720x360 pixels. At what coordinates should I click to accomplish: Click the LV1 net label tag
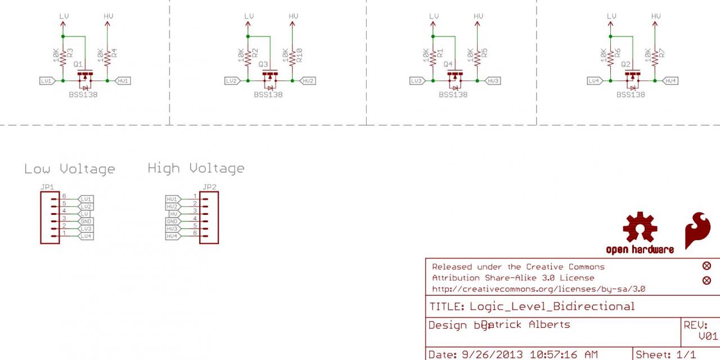point(47,81)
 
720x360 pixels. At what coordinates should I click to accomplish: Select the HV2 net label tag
point(308,81)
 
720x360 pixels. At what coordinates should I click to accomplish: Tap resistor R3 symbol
point(63,55)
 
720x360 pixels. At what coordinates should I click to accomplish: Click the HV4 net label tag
point(670,81)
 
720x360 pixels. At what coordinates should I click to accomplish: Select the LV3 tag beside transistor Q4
point(416,81)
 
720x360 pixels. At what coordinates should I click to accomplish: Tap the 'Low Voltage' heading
point(69,169)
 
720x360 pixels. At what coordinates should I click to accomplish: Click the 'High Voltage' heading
point(196,168)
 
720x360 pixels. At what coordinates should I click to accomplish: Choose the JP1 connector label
point(47,187)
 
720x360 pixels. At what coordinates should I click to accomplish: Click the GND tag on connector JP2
point(172,222)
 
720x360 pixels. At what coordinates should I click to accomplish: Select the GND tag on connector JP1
point(86,222)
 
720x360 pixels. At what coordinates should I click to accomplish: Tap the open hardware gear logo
point(640,228)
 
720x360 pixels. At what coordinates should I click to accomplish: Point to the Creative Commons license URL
point(538,289)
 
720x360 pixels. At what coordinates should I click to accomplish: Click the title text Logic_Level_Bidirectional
point(552,307)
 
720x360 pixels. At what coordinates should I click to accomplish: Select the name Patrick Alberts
point(526,325)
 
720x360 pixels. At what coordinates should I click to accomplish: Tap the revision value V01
point(708,336)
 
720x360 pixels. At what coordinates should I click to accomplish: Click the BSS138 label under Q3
point(268,94)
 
